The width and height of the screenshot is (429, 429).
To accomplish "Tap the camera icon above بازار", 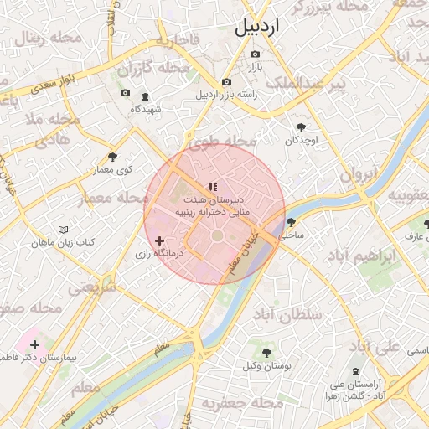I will pos(256,54).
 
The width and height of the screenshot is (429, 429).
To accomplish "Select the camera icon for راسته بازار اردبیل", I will pos(226,81).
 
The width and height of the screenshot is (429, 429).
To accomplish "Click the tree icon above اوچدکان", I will pos(301,127).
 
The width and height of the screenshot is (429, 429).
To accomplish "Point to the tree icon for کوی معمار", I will pos(113,157).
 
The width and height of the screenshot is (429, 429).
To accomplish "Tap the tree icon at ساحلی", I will pos(291,222).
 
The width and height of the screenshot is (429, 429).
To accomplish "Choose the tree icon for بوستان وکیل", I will pos(267,353).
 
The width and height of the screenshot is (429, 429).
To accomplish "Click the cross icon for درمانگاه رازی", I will pos(160,240).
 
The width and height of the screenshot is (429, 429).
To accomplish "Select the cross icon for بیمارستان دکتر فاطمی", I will pos(34,344).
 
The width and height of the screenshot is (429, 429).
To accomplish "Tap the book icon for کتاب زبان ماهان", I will pos(64,229).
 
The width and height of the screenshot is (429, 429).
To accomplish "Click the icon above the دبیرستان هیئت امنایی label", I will pos(213,187).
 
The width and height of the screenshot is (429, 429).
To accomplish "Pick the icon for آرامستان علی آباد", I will pos(356,370).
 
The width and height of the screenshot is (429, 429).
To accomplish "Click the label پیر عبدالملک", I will pos(306,84).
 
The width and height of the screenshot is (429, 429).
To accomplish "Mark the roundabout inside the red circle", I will pos(216,237).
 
